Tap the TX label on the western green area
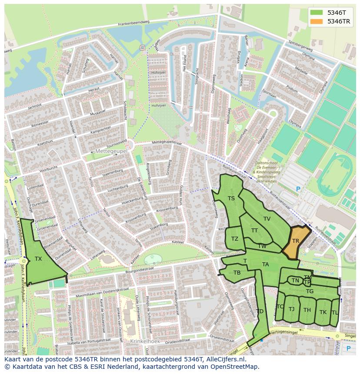(38, 259)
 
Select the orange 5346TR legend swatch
(317, 21)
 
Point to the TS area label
(231, 199)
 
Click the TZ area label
(235, 239)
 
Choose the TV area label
(267, 219)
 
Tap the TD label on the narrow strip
(260, 311)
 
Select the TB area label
(237, 273)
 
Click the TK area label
(323, 312)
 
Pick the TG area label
(310, 291)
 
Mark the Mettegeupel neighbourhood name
(111, 151)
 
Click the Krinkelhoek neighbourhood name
(145, 341)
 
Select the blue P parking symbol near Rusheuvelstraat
(298, 189)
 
